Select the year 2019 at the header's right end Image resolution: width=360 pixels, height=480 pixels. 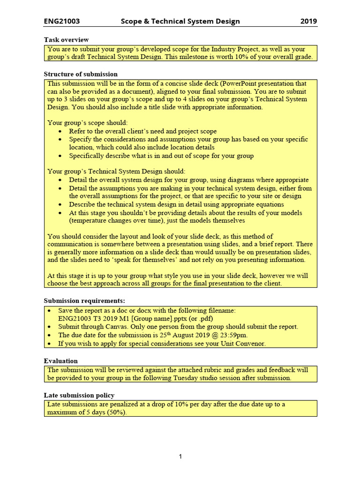click(x=308, y=21)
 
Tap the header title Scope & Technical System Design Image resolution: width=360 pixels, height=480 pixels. click(x=180, y=21)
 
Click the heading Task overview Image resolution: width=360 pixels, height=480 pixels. click(x=66, y=40)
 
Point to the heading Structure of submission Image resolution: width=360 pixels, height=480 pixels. click(x=81, y=74)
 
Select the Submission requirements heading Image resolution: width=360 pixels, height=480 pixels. click(x=84, y=300)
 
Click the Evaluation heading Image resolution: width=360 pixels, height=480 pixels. click(x=61, y=361)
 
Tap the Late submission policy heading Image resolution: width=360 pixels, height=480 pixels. click(x=79, y=395)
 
